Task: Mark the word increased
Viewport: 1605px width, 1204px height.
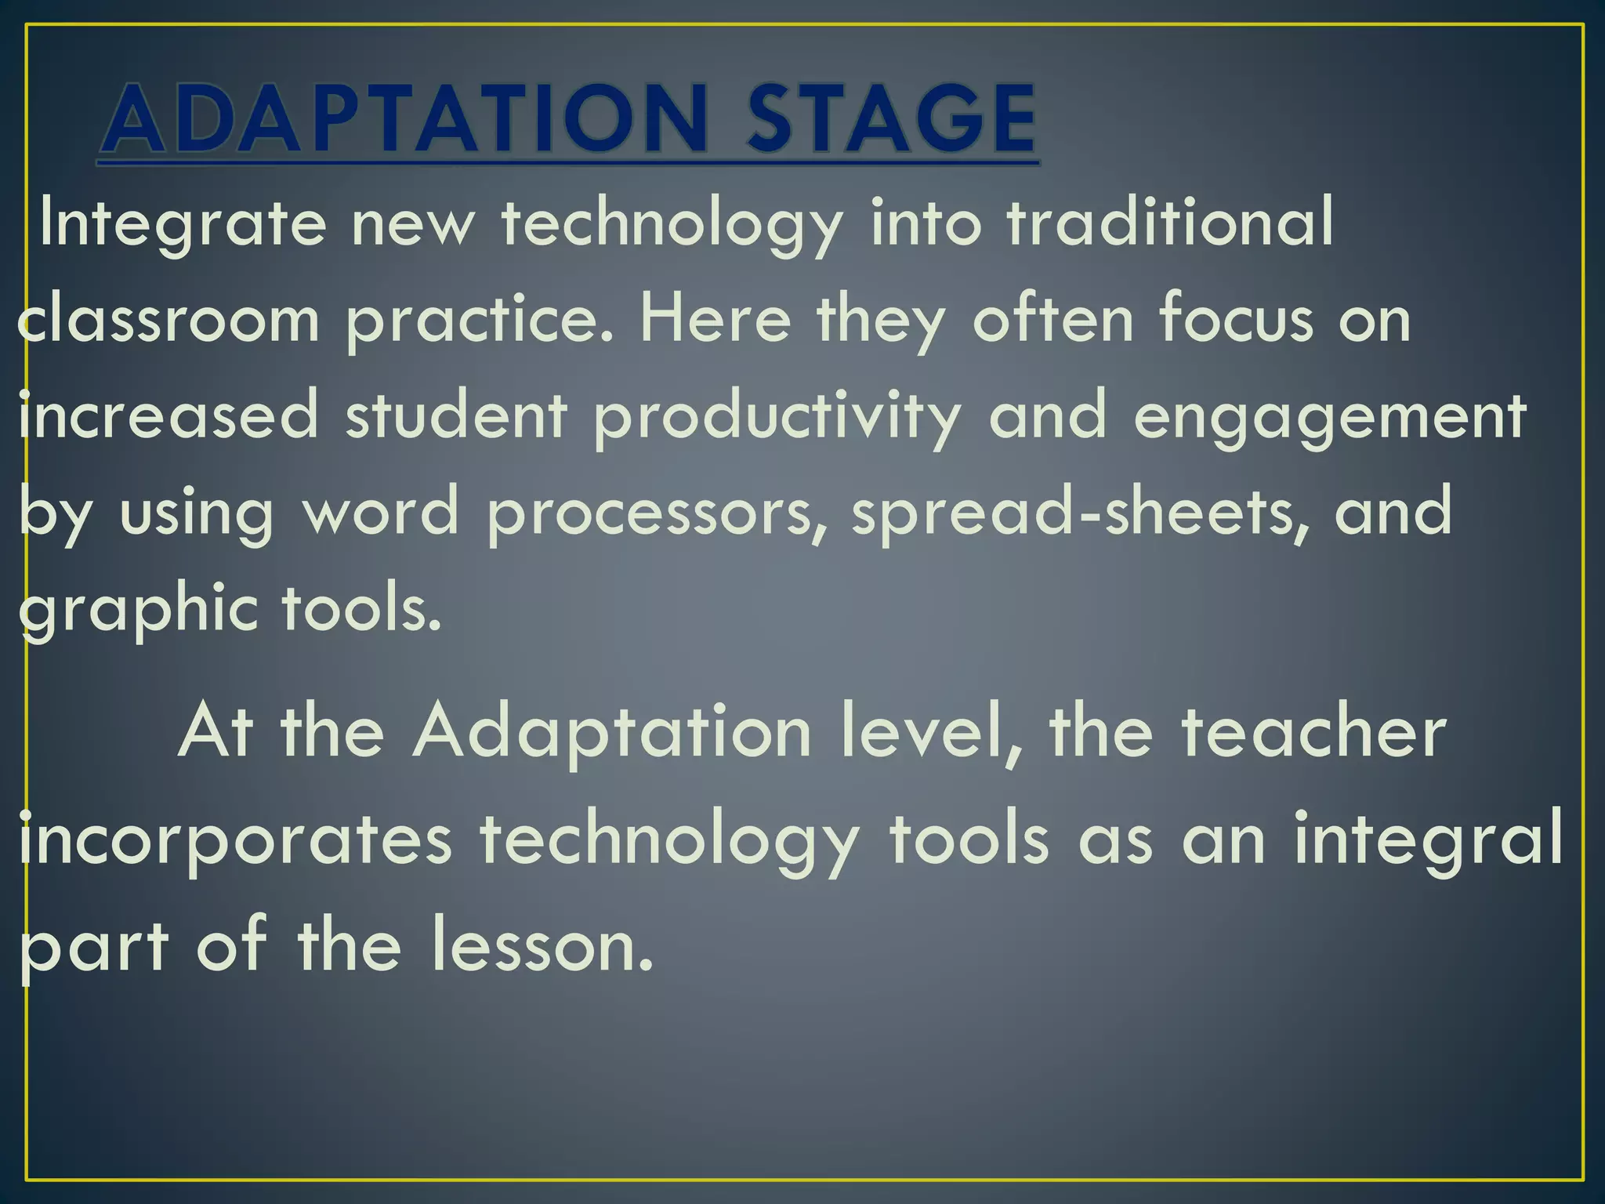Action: (168, 415)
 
